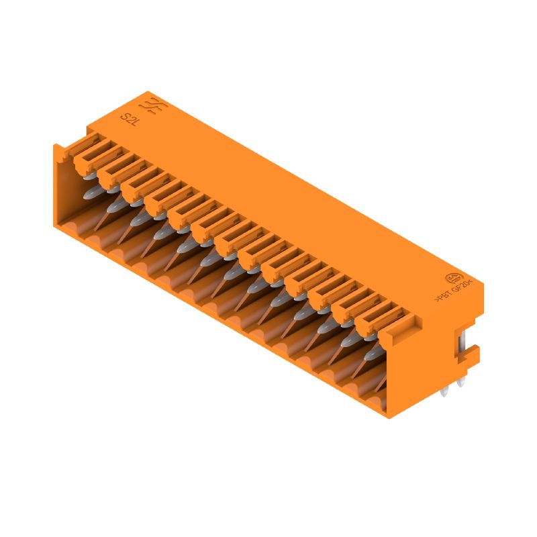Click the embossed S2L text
(x=129, y=119)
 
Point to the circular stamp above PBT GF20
(x=454, y=277)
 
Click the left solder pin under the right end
(x=446, y=389)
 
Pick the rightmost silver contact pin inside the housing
(x=381, y=383)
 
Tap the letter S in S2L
(x=124, y=116)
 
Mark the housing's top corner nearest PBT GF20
(x=481, y=277)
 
